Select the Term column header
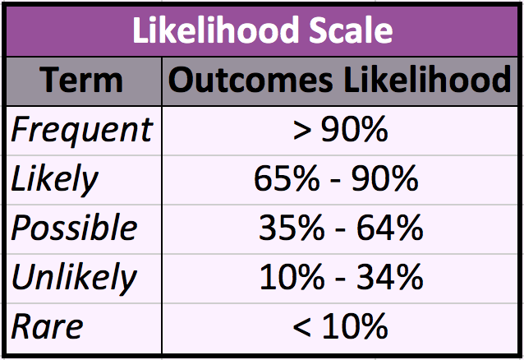tap(81, 80)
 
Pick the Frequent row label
tap(81, 129)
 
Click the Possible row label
tap(75, 228)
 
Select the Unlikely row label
tap(75, 278)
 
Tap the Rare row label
tap(47, 326)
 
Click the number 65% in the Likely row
tap(286, 179)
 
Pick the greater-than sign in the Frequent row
tap(301, 131)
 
